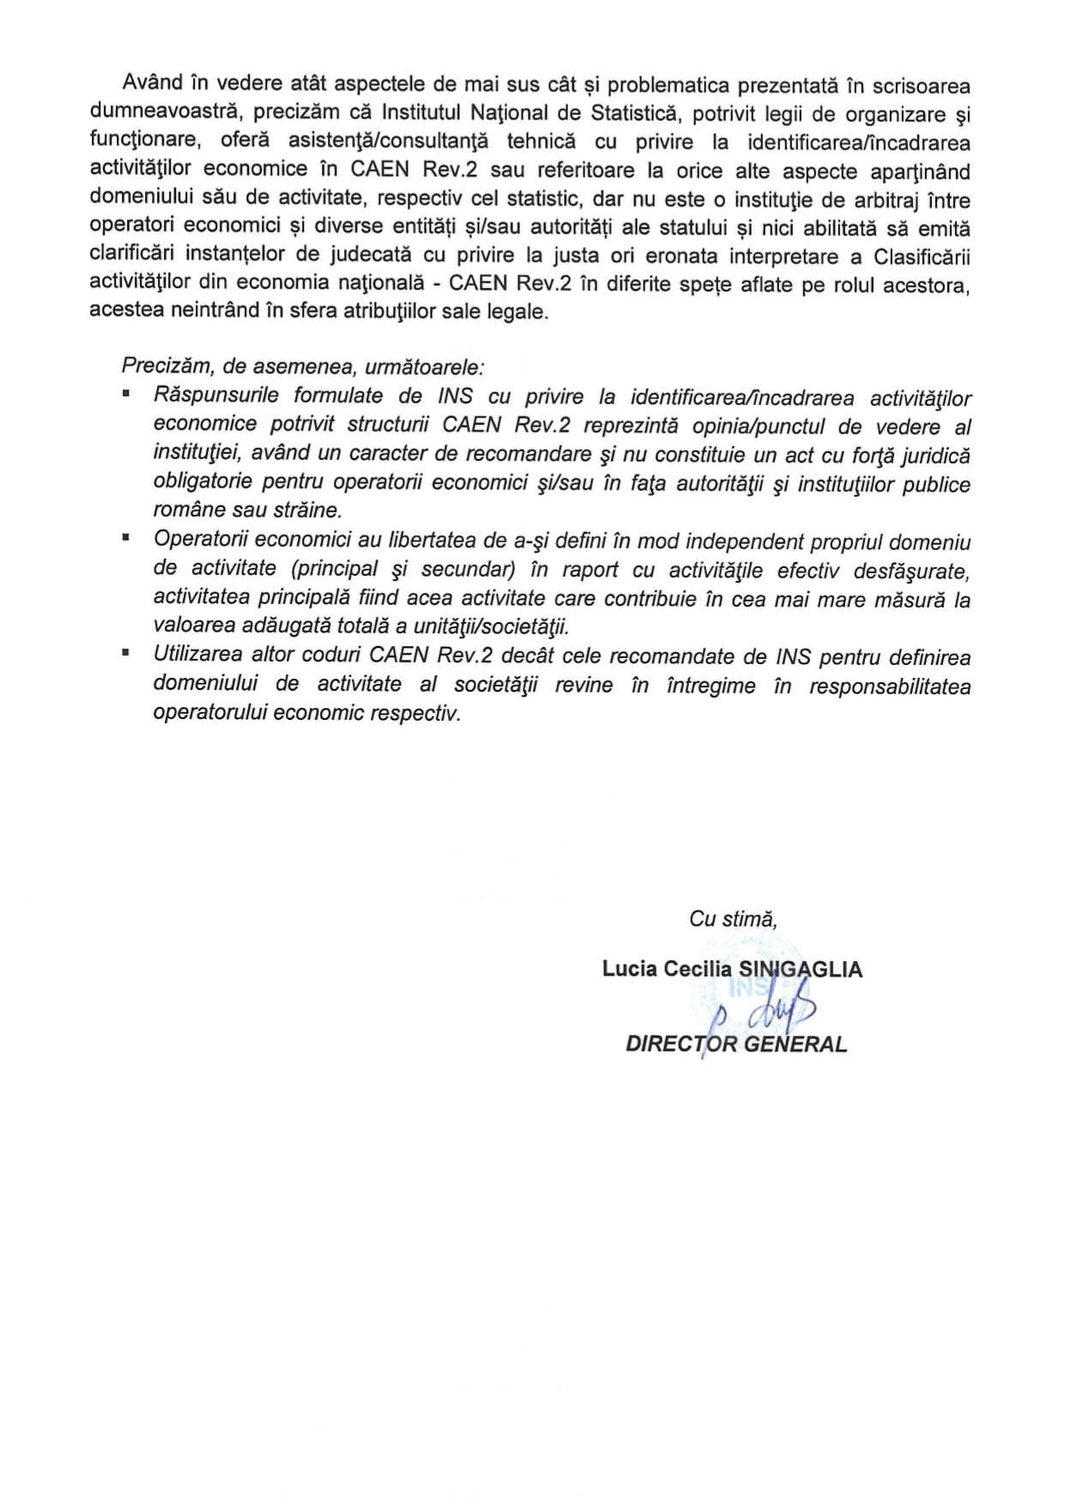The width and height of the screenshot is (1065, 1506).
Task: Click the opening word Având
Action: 153,83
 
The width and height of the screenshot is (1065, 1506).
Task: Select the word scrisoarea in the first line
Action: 921,86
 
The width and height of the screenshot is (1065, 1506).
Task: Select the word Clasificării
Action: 922,257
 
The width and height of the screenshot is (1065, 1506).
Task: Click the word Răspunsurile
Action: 215,396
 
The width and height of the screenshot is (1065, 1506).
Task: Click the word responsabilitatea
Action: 890,686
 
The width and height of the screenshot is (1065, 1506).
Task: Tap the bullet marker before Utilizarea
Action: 126,652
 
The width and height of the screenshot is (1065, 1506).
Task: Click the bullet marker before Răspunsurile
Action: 126,392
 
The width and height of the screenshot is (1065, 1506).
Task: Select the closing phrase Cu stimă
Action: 733,919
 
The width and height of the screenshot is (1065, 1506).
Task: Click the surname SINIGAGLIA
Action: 801,969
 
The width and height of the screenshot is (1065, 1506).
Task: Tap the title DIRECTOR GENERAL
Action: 735,1043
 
